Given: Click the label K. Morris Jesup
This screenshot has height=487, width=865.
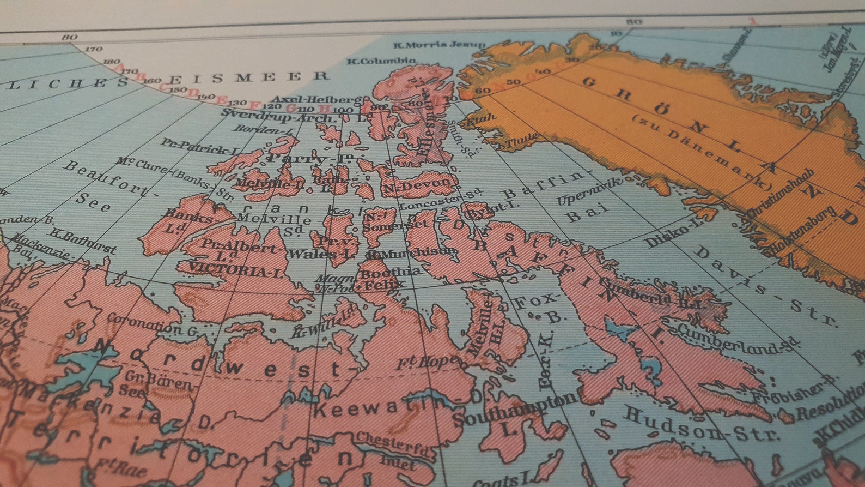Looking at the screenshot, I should [x=438, y=44].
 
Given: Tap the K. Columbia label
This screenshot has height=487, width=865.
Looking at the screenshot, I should [x=381, y=61].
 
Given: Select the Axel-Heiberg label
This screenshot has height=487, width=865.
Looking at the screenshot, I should [x=316, y=99].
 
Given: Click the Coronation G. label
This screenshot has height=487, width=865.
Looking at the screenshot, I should [x=153, y=324].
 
